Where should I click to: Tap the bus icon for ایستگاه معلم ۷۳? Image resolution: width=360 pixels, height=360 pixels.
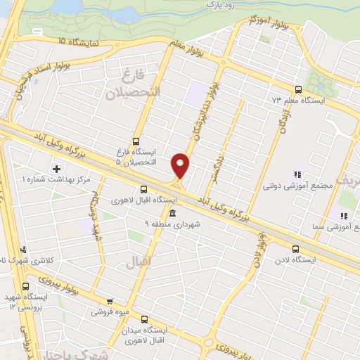click(299, 89)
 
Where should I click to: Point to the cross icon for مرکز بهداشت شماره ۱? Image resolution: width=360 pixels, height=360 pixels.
click(56, 168)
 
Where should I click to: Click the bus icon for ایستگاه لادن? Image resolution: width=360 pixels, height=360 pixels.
click(295, 249)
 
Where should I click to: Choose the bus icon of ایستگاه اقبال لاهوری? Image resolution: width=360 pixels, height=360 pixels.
click(143, 189)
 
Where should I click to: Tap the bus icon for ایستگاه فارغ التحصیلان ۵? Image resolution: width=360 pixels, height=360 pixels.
click(136, 139)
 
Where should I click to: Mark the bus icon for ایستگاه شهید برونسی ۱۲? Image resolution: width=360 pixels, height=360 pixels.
click(26, 286)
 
